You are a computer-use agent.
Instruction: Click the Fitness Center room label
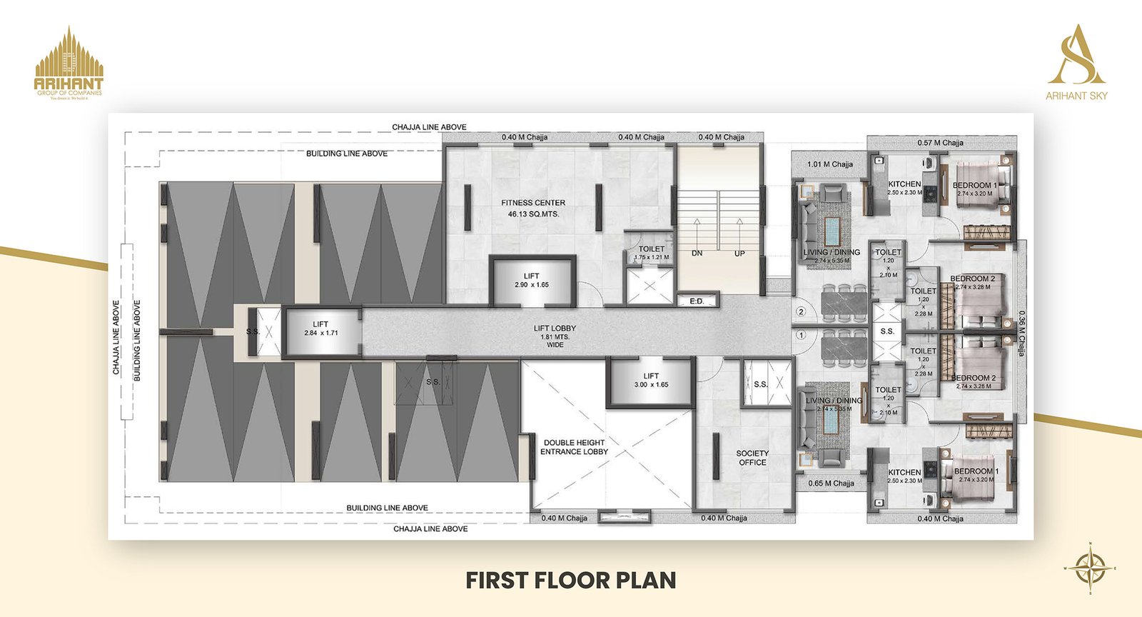click(x=532, y=208)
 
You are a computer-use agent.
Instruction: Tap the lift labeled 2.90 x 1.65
click(x=532, y=280)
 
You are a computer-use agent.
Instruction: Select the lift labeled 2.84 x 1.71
click(x=320, y=328)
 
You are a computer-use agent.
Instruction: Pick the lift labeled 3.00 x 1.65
click(x=650, y=380)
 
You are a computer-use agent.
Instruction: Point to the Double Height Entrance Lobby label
click(x=574, y=447)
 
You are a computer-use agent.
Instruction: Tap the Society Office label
click(x=752, y=458)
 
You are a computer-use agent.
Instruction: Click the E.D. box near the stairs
click(x=697, y=301)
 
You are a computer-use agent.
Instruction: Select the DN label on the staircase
click(x=697, y=254)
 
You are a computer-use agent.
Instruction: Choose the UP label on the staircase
click(x=739, y=254)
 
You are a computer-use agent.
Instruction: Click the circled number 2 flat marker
click(x=801, y=312)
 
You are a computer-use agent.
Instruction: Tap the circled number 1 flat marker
click(x=801, y=334)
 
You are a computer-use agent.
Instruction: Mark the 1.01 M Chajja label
click(x=830, y=164)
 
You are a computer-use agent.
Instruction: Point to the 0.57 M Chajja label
click(x=940, y=143)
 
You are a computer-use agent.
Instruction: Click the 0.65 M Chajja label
click(x=831, y=483)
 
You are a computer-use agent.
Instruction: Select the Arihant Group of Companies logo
click(x=69, y=63)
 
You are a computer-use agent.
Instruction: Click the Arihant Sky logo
click(x=1076, y=63)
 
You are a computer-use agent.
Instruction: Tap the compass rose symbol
click(x=1090, y=568)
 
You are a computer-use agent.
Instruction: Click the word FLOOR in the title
click(x=570, y=580)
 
